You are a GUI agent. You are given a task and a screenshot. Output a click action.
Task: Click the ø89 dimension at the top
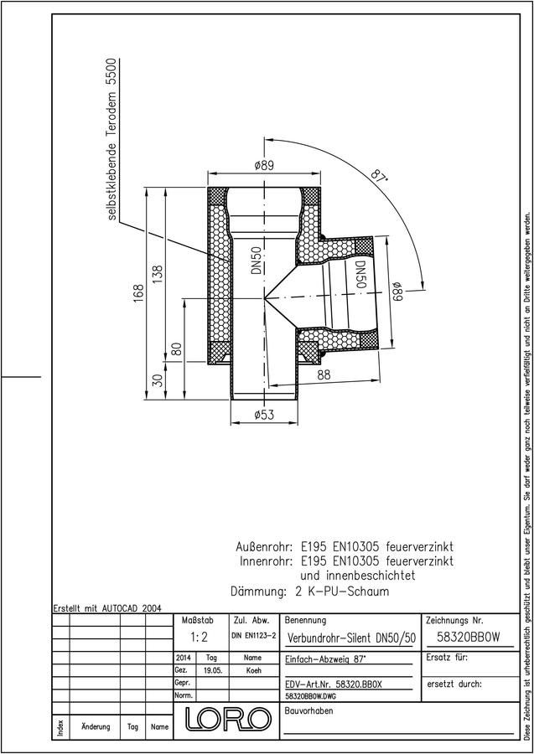point(264,165)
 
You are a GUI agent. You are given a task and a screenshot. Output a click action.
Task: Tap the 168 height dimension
point(139,294)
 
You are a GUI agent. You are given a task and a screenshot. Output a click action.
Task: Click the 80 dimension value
point(177,349)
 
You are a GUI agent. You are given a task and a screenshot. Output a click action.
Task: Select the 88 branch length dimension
point(324,375)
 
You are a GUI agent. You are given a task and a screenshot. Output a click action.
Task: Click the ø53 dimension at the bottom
point(264,414)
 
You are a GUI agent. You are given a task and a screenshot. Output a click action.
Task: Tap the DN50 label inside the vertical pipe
point(256,261)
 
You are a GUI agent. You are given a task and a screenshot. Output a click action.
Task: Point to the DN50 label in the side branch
point(360,275)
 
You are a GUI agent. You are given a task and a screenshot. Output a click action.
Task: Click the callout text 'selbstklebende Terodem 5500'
point(111,139)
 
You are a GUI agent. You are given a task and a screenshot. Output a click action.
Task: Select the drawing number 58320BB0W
point(469,638)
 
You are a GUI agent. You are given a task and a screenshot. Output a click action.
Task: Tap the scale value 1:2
point(198,638)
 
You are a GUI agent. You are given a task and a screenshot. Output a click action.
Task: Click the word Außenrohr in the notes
point(264,547)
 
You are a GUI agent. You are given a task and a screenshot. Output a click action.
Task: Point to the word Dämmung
point(258,591)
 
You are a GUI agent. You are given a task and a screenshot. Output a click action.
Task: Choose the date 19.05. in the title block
point(212,670)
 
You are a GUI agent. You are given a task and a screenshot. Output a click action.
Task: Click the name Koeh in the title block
point(253,670)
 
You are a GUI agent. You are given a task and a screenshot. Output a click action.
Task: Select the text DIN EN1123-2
point(253,636)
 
